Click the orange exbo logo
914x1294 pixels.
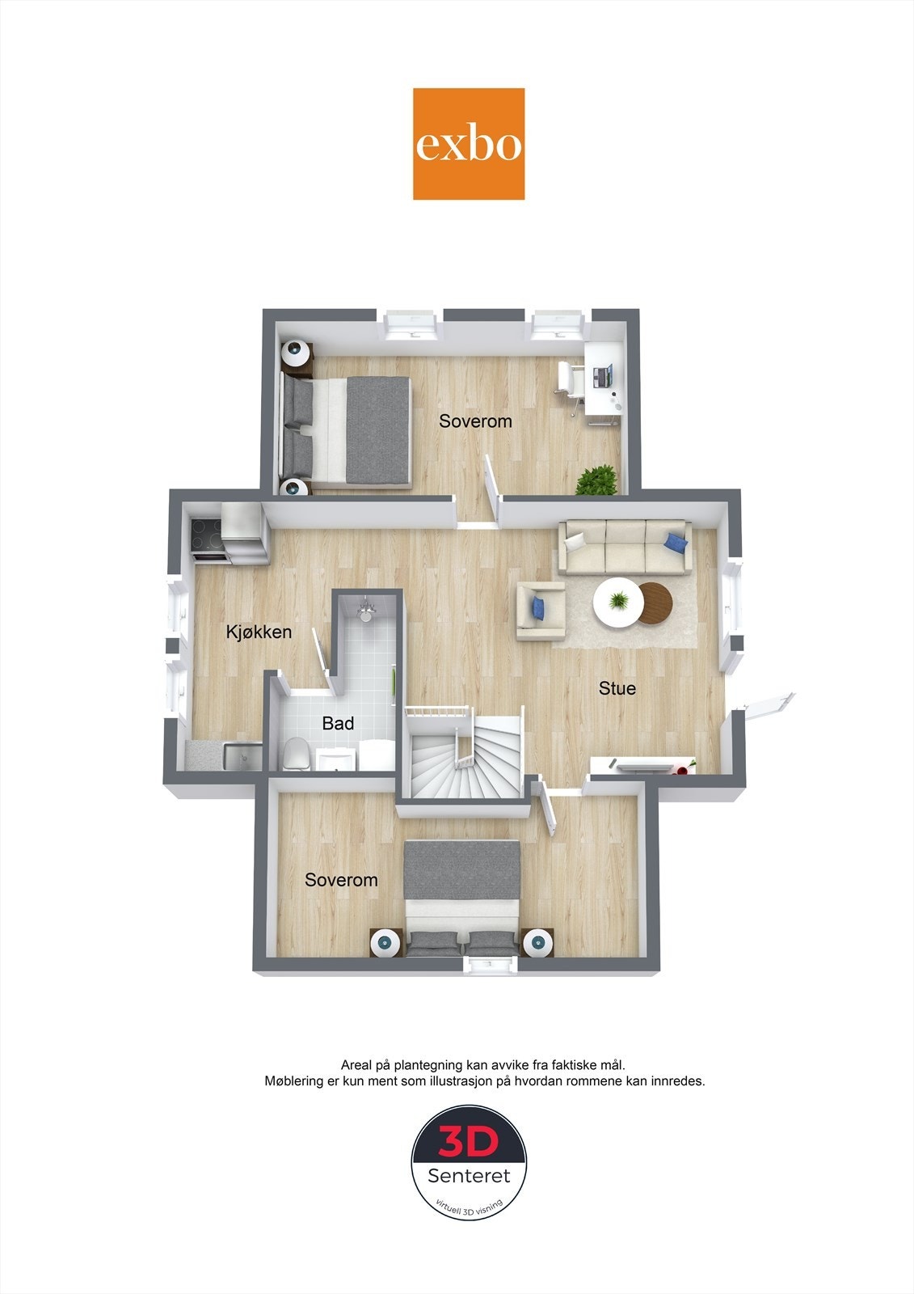pos(469,144)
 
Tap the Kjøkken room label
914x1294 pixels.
pos(259,632)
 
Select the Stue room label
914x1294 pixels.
pos(617,688)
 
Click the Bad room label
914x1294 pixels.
pos(338,723)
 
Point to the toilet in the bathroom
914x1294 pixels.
pos(295,754)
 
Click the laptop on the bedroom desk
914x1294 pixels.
pos(603,375)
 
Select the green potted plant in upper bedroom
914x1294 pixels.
pos(596,480)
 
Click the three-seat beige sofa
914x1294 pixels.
pos(625,547)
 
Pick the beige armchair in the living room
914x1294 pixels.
pos(541,610)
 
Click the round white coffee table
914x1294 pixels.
pos(618,603)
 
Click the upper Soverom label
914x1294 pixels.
pos(475,421)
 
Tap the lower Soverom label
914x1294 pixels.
pos(341,880)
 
